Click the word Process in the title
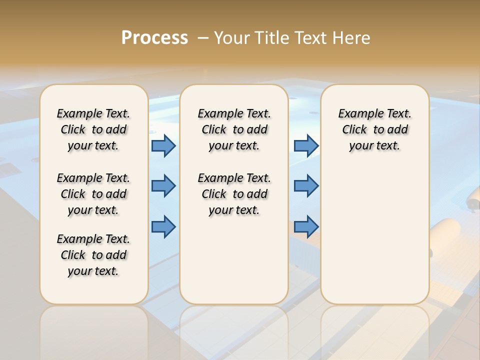[x=154, y=37]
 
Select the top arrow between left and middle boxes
[x=163, y=146]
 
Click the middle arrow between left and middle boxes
[x=163, y=186]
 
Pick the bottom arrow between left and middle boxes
[x=163, y=226]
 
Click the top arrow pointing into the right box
[x=306, y=146]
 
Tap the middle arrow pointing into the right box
[x=306, y=186]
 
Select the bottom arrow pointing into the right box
[x=306, y=226]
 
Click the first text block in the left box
[x=93, y=129]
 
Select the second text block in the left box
[x=93, y=194]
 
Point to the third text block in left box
[x=93, y=255]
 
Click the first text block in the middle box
[x=234, y=129]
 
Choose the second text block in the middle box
[x=234, y=194]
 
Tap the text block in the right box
[x=374, y=129]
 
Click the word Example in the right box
[x=357, y=114]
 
